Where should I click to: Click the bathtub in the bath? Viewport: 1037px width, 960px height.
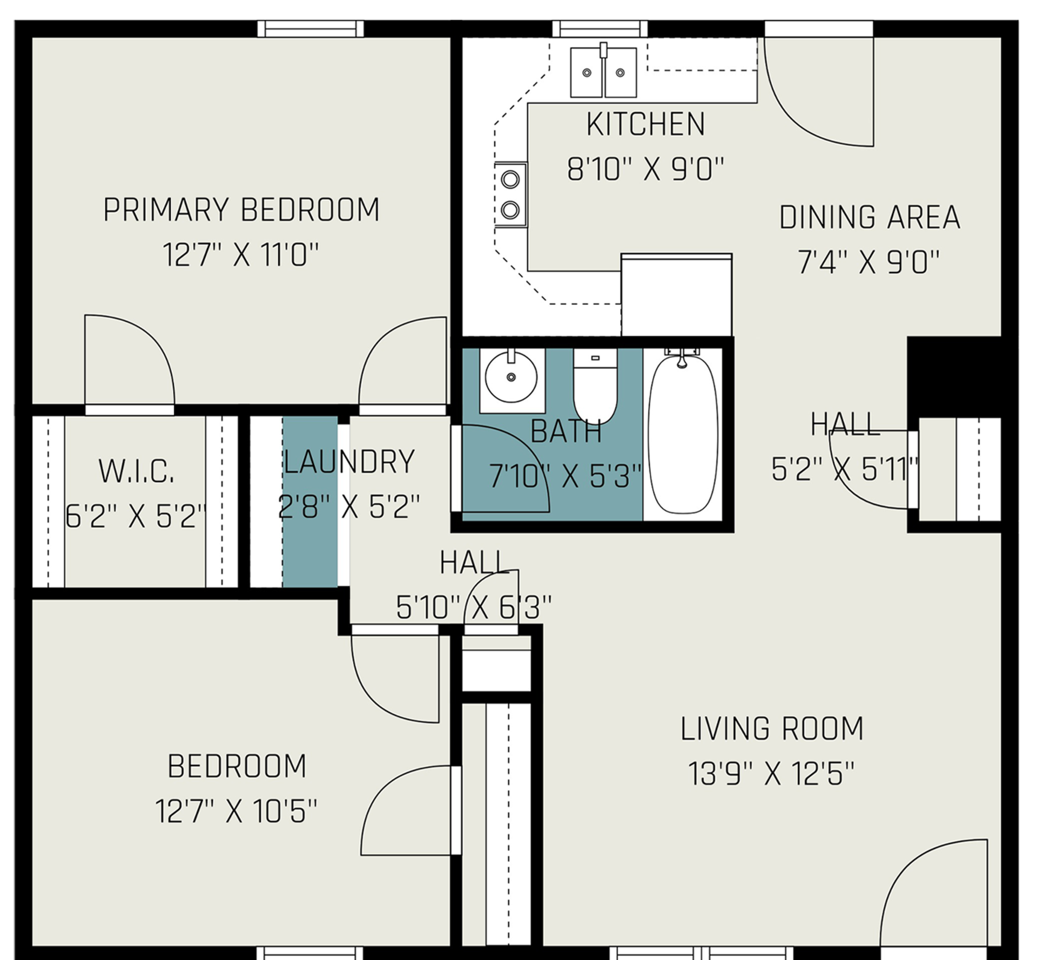point(683,435)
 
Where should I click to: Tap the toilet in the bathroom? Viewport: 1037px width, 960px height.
point(595,387)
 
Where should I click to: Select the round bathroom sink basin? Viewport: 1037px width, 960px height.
point(511,376)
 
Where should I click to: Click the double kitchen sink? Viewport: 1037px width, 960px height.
point(603,72)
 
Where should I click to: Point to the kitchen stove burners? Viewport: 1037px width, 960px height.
point(510,194)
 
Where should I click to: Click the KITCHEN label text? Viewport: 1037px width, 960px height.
point(645,125)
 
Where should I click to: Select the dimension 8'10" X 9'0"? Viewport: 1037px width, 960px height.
point(645,170)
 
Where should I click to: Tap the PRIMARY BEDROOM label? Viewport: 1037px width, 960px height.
point(241,210)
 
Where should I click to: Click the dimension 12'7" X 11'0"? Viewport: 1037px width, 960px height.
point(241,255)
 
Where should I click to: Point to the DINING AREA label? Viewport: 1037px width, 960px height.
point(870,218)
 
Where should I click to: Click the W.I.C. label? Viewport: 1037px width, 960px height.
point(137,471)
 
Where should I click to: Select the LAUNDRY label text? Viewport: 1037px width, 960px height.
point(349,462)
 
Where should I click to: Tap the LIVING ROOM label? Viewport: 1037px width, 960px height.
point(771,729)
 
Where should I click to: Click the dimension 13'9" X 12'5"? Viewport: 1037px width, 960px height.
point(771,774)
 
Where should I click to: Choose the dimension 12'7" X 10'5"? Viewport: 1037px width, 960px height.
point(236,811)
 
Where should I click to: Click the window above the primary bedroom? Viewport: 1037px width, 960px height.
point(311,29)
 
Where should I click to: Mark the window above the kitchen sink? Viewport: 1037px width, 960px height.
point(600,29)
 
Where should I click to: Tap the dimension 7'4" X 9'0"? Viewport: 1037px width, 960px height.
point(868,262)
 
